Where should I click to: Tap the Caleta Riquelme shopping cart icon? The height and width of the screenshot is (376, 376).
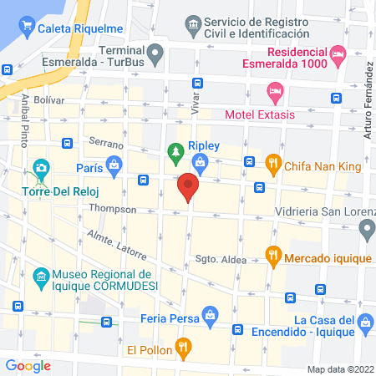point(28,25)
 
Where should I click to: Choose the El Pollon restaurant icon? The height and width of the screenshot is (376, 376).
point(184,344)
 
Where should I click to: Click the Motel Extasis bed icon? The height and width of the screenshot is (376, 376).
point(274,90)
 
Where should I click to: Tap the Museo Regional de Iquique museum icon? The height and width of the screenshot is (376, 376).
point(39,275)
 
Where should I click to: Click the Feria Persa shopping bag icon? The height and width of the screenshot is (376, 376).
point(211,315)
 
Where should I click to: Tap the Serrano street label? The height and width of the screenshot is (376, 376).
point(107,145)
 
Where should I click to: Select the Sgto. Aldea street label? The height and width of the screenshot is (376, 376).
point(221,260)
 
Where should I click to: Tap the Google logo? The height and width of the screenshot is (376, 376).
point(28,364)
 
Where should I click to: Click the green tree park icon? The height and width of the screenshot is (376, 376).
point(175,152)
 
